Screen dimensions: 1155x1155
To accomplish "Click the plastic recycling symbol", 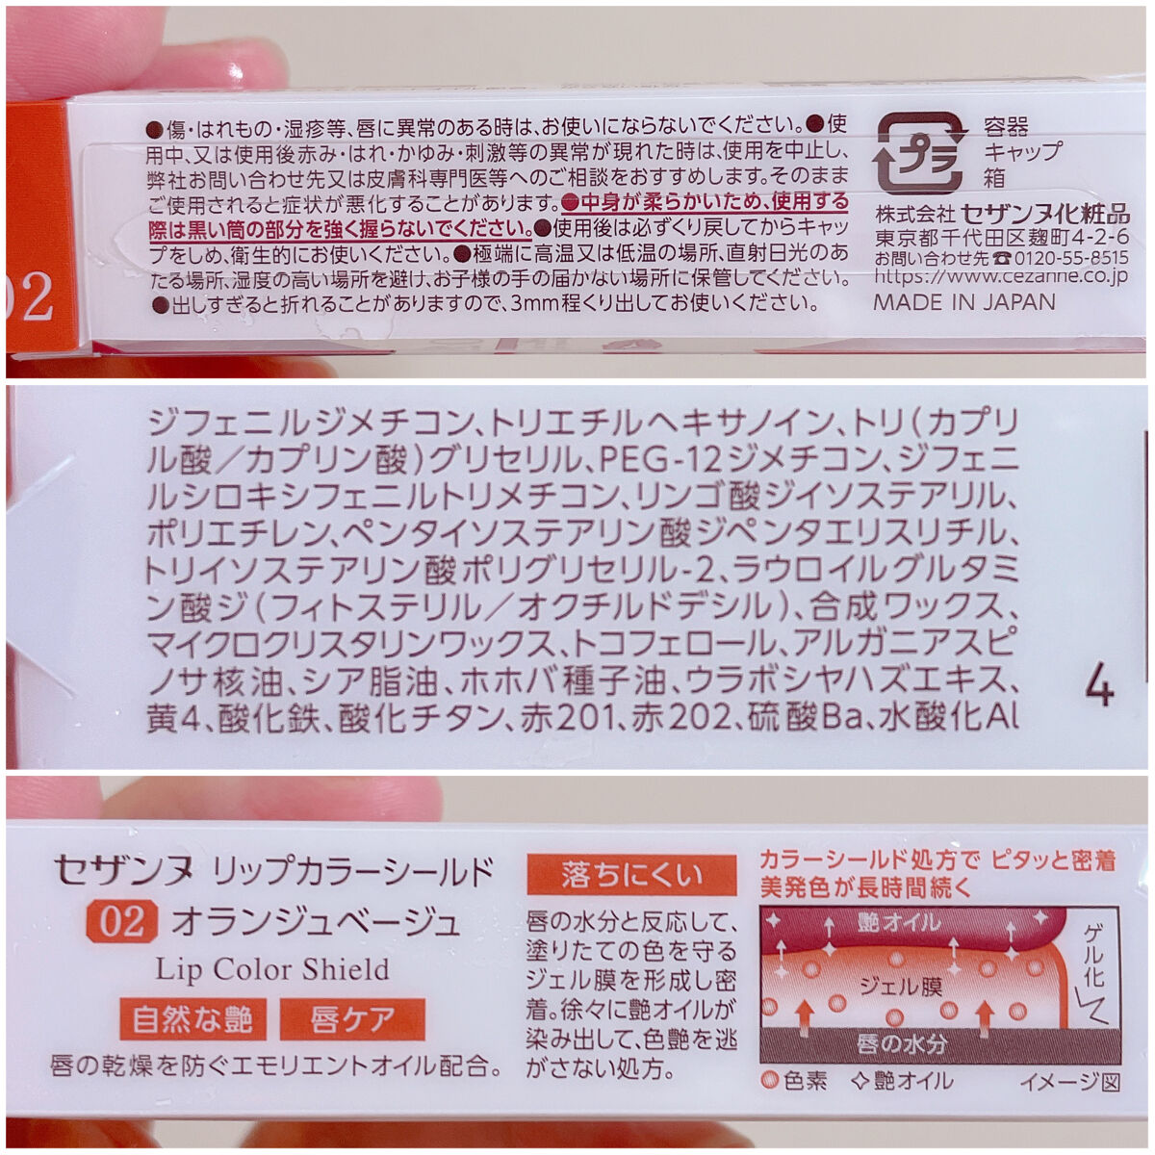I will [919, 152].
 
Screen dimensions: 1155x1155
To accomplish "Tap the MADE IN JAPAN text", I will [964, 301].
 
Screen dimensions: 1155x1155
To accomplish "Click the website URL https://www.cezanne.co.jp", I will [1001, 277].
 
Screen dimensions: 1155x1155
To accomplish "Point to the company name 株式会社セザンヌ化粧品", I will [1002, 214].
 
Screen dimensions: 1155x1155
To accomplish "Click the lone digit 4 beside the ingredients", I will [1098, 688].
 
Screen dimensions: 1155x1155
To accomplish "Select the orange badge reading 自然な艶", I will [192, 1018].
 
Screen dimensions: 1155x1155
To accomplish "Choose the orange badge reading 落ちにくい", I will [631, 875].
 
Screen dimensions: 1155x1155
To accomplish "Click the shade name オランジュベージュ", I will [315, 922].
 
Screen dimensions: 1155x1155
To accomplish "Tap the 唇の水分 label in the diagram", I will [903, 1043].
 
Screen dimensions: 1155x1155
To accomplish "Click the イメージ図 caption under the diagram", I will [1069, 1082].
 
